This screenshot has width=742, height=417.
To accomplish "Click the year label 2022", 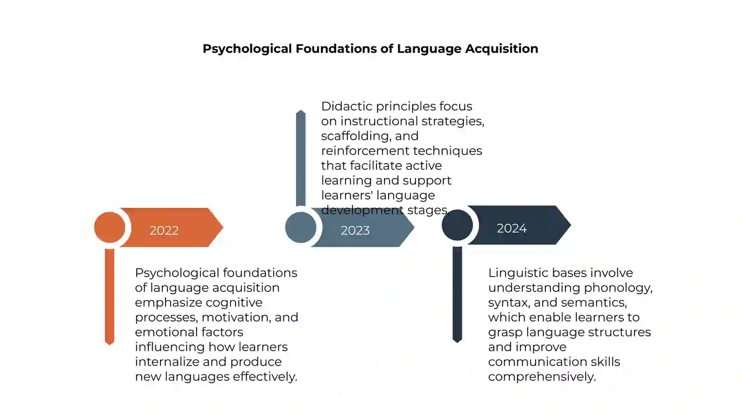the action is pos(164,230).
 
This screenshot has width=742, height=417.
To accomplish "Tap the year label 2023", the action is pos(355,230).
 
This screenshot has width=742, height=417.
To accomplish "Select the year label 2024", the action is pos(512,228).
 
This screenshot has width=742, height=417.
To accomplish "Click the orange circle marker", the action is pos(109,227).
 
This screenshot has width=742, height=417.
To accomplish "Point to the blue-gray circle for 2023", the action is pos(301,227).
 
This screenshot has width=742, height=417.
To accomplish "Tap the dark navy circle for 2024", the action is pos(457,225).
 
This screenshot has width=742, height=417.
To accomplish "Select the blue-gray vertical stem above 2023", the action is pos(301,158).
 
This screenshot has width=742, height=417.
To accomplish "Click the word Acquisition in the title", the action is pos(501,49).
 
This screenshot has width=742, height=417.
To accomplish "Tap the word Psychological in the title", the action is pos(247,49).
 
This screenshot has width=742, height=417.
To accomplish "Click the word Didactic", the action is pos(347,106).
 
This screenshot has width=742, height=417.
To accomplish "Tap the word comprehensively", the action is pos(542,377).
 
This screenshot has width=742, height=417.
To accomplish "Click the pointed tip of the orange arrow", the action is pos(224,227).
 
